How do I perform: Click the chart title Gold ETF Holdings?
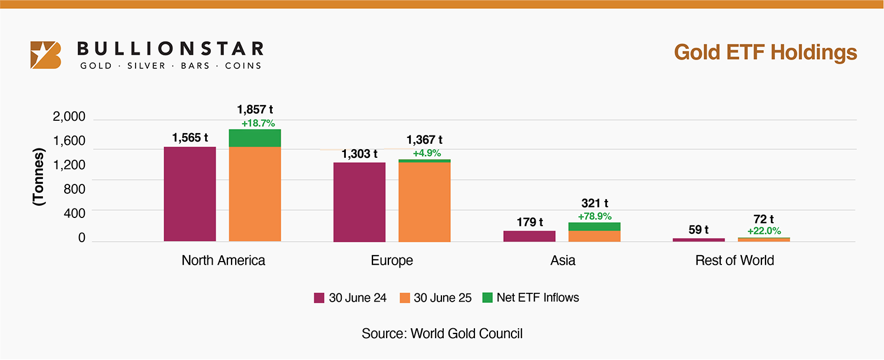pos(765,52)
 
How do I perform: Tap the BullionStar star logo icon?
pos(46,55)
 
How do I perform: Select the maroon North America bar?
pos(190,194)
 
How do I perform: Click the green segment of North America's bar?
pos(255,138)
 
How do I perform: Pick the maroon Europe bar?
pos(359,202)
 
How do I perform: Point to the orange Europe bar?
pos(424,202)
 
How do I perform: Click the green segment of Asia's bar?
pos(594,227)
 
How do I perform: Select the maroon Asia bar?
pos(529,236)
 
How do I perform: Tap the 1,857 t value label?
pos(255,110)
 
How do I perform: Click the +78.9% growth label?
pos(594,216)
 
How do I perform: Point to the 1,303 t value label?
pos(359,154)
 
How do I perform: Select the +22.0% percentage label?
pos(764,232)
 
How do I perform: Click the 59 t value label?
pos(698,230)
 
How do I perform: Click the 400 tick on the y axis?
pos(74,213)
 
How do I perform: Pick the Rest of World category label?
pos(734,260)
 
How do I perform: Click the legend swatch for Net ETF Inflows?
pos(487,298)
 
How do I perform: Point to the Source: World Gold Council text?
pos(442,333)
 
